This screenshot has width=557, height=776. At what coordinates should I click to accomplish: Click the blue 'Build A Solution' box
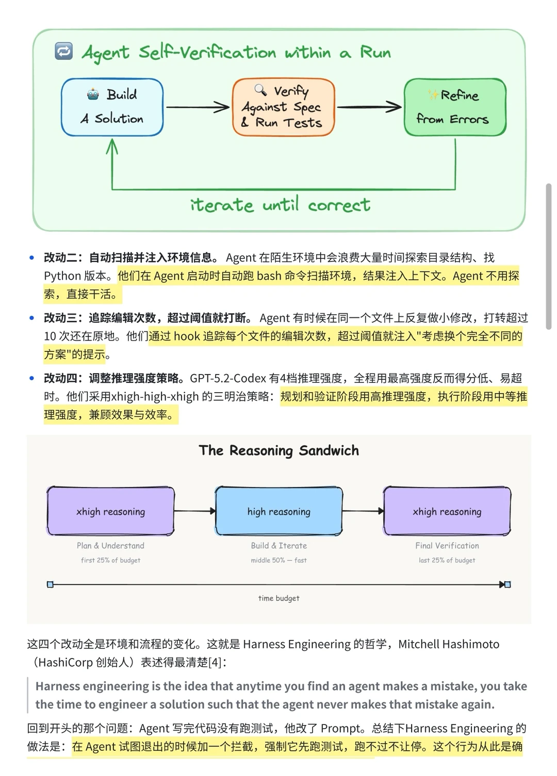(112, 107)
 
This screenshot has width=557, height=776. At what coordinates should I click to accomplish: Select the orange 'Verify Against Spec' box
(283, 107)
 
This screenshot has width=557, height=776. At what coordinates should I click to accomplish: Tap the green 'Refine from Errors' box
(455, 107)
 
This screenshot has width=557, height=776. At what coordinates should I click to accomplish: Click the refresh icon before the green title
(63, 51)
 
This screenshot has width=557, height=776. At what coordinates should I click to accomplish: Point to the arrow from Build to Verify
(198, 107)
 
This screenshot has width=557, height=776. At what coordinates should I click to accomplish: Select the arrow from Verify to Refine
(369, 107)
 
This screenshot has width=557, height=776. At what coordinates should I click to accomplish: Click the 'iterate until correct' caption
(280, 205)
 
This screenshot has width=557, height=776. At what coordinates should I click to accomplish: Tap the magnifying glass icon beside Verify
(260, 90)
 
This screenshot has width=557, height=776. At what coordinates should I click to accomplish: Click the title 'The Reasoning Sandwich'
(278, 450)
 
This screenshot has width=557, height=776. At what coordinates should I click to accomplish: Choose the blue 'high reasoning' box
(278, 511)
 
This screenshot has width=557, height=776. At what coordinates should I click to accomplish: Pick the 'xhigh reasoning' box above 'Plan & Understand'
(110, 511)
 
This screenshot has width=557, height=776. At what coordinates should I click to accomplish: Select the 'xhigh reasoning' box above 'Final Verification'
(447, 511)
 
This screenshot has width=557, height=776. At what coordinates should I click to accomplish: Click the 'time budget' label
(278, 598)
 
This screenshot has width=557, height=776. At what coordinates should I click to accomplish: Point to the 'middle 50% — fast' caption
(278, 560)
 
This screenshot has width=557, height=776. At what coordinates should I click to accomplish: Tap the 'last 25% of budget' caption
(447, 560)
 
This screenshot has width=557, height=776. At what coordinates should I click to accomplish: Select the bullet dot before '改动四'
(32, 378)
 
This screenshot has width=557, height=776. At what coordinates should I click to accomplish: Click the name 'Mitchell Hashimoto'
(449, 644)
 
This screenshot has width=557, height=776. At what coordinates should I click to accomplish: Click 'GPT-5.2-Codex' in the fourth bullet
(228, 378)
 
